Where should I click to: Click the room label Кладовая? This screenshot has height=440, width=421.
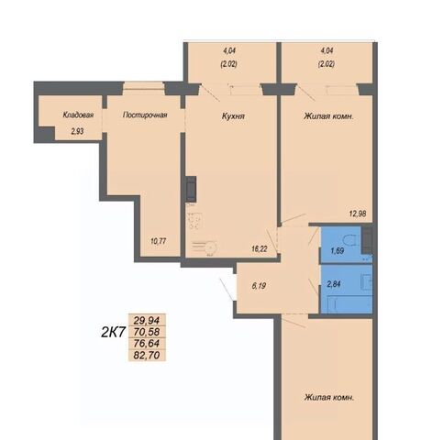click(x=78, y=115)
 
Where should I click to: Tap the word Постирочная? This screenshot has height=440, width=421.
click(x=145, y=115)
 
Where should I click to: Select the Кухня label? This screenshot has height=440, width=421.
click(x=233, y=116)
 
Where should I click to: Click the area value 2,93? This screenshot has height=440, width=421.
click(x=77, y=132)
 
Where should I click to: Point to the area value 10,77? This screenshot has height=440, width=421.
click(x=159, y=241)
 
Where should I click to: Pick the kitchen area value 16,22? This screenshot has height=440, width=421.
click(x=260, y=249)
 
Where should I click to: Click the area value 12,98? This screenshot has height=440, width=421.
click(x=358, y=214)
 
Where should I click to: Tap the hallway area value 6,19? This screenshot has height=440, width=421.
click(x=259, y=286)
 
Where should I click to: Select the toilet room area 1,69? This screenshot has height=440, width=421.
click(x=337, y=251)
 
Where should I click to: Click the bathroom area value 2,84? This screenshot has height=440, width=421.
click(x=334, y=284)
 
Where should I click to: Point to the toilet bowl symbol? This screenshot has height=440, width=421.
click(x=351, y=241)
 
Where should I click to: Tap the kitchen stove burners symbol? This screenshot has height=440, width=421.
click(x=194, y=220)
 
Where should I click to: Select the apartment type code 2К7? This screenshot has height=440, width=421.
click(x=114, y=333)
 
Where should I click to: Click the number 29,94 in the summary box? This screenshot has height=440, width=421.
click(x=147, y=321)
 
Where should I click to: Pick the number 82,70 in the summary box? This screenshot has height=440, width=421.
click(x=147, y=355)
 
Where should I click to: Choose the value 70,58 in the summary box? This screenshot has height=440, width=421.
click(x=147, y=332)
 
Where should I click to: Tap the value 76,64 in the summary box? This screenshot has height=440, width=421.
click(x=147, y=344)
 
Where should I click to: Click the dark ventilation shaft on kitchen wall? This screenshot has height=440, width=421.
click(x=191, y=189)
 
